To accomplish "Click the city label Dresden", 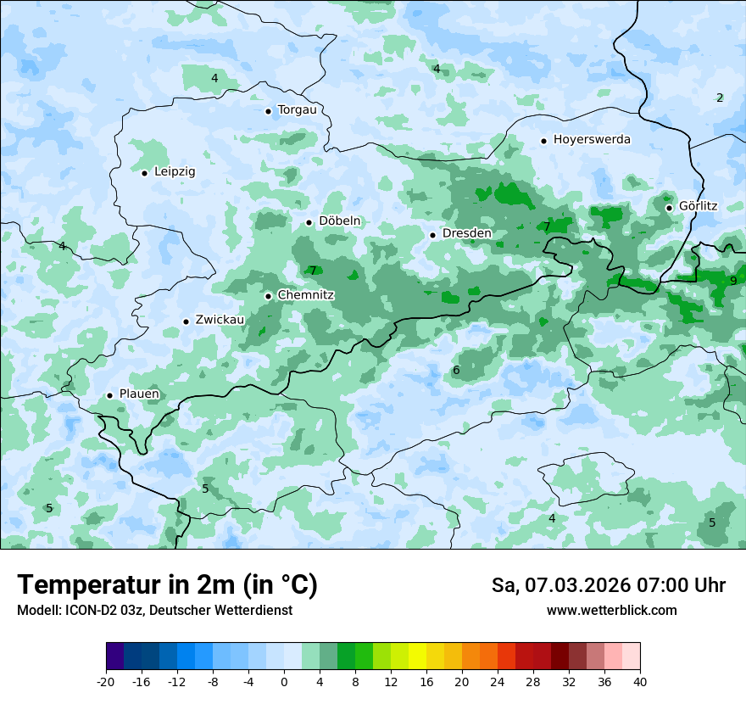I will tap(466, 233).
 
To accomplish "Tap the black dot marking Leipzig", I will tap(144, 173).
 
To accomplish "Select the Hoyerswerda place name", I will tap(592, 139).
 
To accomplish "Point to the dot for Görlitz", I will tap(669, 207).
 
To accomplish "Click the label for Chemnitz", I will tap(306, 295).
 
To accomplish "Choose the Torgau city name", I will tap(297, 109).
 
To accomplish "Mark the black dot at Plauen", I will tap(109, 395).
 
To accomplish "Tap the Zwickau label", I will tap(220, 320).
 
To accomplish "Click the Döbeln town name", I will tap(339, 221).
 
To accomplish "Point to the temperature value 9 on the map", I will tap(733, 281).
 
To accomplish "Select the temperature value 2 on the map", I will tap(720, 98).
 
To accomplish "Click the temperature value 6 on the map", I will tap(456, 370).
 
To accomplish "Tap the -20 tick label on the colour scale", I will tap(106, 682).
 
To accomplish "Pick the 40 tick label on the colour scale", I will tap(639, 682).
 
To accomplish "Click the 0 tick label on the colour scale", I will tap(284, 682).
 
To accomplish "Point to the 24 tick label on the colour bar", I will tap(497, 682).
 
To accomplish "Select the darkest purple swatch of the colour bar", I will tap(114, 657).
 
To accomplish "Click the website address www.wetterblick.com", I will tap(611, 610).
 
